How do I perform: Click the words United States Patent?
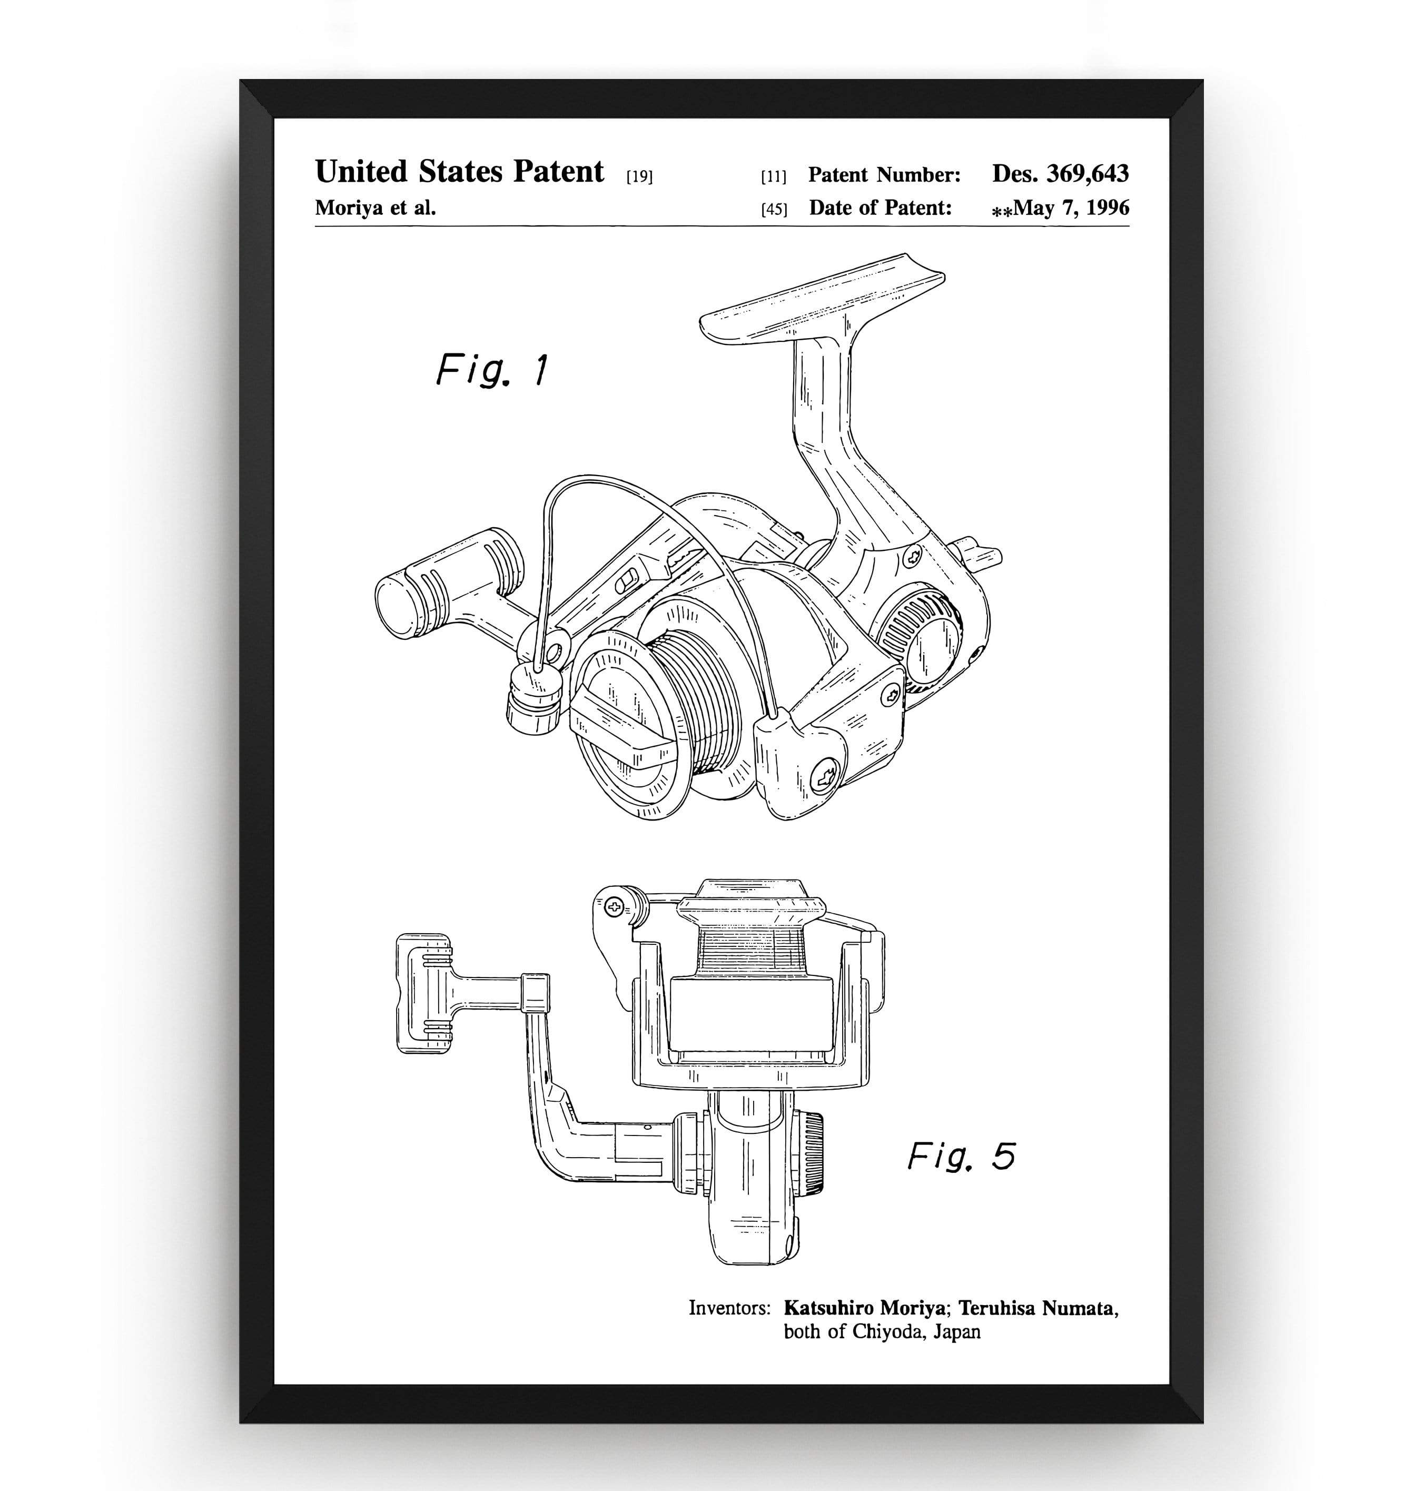459,172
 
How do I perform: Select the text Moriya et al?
375,208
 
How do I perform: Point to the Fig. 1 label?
492,370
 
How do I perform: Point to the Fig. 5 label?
961,1156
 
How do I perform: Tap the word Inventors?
729,1308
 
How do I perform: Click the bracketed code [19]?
639,177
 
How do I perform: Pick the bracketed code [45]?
774,209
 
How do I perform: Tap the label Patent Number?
884,175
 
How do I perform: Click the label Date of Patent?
880,208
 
